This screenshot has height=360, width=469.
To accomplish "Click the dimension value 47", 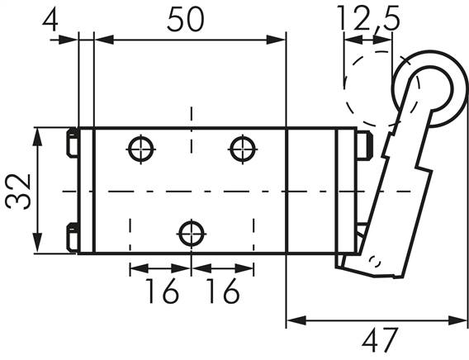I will coord(379,339).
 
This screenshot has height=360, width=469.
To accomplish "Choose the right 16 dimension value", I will coord(220,291).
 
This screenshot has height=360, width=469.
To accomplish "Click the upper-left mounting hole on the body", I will coord(140,149).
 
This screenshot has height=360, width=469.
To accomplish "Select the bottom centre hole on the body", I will coord(192,234).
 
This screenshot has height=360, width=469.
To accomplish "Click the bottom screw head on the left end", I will coord(72,238).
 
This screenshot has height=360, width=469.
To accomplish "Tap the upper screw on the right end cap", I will coord(364,145).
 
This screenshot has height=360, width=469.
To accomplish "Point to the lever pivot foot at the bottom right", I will coord(372,263).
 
